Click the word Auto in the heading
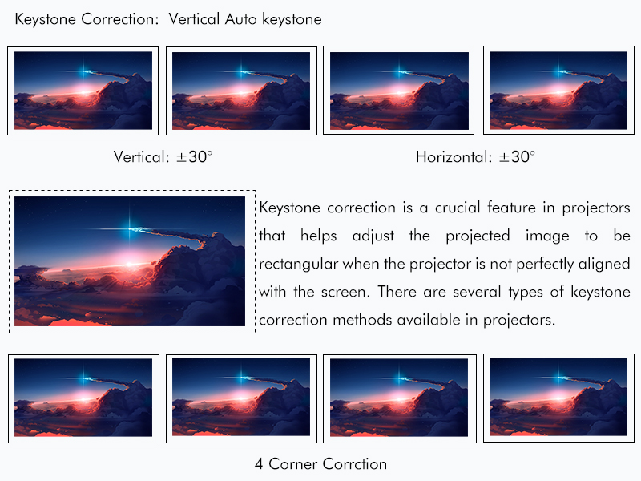click(x=241, y=19)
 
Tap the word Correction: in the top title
click(x=119, y=19)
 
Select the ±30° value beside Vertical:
click(x=195, y=156)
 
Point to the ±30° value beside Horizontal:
click(x=517, y=156)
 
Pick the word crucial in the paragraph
click(x=457, y=208)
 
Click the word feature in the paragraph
click(x=511, y=208)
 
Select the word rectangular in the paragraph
click(x=299, y=265)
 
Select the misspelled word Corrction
click(x=354, y=464)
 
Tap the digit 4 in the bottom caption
click(x=259, y=464)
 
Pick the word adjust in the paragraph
click(x=373, y=236)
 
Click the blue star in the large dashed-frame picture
click(x=131, y=228)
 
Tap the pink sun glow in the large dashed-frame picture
click(x=129, y=265)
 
